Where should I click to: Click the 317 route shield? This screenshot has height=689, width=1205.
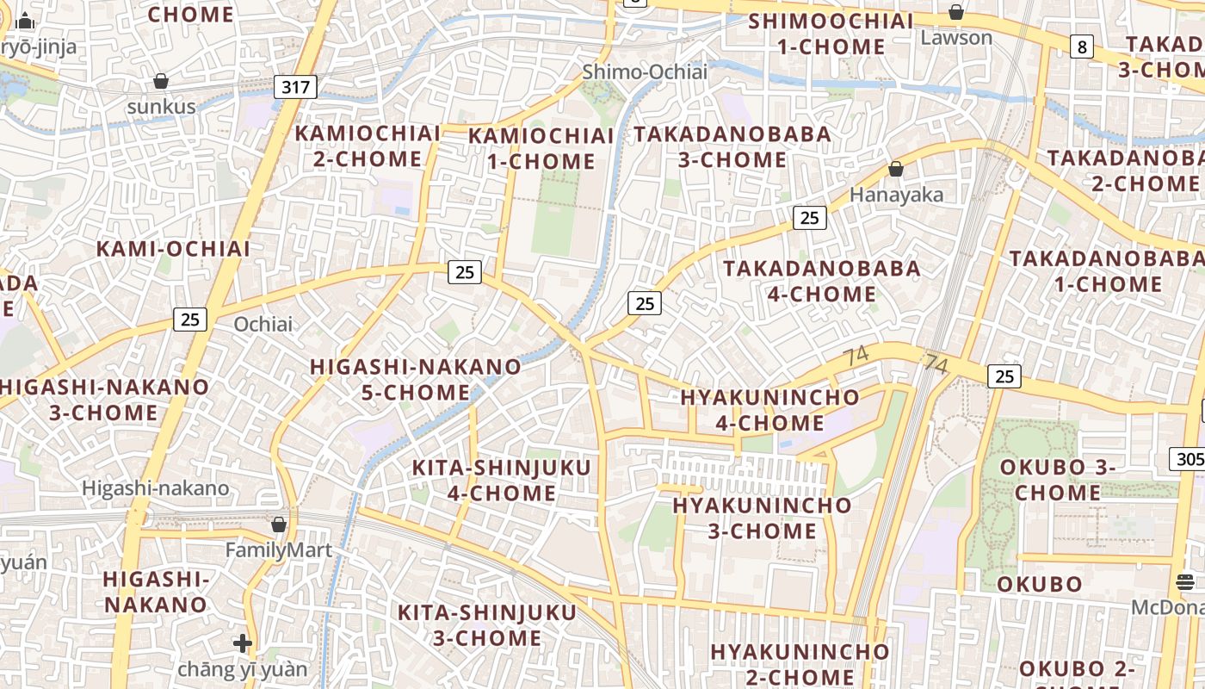[x=296, y=86]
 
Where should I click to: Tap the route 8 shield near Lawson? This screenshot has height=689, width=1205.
[x=1082, y=47]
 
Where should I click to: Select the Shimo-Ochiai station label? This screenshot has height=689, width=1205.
[x=645, y=71]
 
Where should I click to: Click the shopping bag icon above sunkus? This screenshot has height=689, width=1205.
[x=161, y=82]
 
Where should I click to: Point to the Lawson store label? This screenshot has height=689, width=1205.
[x=956, y=38]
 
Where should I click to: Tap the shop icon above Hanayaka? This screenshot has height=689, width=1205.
[x=896, y=169]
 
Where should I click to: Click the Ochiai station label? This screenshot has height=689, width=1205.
[x=263, y=325]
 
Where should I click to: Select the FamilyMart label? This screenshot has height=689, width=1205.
[x=279, y=549]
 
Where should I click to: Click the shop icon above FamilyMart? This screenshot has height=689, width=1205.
[x=279, y=524]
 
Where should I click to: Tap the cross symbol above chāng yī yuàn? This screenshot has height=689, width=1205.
[x=243, y=643]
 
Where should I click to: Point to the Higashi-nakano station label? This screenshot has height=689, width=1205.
[x=156, y=488]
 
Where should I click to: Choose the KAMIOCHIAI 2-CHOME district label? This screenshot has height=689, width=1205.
[x=368, y=146]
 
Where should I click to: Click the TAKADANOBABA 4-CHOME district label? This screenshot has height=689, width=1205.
[x=822, y=281]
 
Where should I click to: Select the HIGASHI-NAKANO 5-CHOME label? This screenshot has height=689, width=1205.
[x=415, y=380]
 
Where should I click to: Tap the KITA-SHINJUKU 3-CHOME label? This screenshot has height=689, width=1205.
[x=486, y=625]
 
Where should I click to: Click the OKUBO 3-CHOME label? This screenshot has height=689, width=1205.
[x=1058, y=480]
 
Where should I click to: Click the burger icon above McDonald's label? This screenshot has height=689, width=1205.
[x=1185, y=582]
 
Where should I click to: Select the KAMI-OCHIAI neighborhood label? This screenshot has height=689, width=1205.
[x=173, y=249]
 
